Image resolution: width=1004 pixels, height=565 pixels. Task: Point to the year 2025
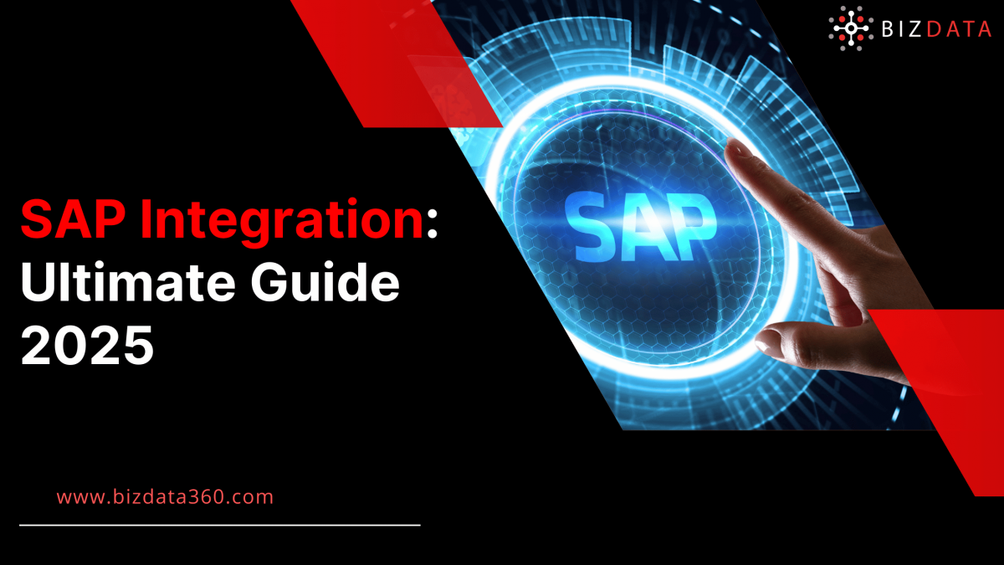87,345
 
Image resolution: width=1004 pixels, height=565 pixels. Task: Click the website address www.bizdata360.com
165,496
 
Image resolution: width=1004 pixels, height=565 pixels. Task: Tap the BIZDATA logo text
936,30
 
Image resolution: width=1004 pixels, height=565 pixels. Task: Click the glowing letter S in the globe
595,223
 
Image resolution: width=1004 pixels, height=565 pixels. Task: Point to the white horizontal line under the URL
219,526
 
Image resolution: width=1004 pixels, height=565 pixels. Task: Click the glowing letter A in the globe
641,223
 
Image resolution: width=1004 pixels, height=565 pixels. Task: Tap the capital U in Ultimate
38,285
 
